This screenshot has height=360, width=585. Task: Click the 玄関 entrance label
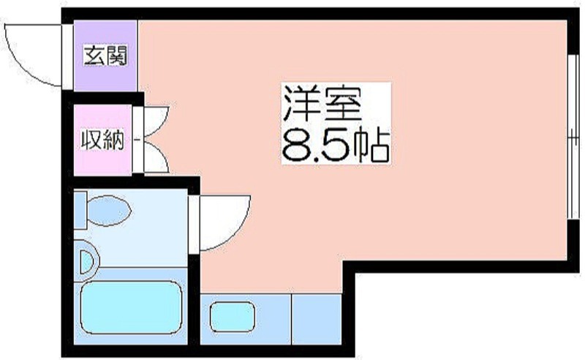point(105,55)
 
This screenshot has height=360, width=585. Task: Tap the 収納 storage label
point(102,139)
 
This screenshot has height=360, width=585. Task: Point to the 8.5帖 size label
point(333,144)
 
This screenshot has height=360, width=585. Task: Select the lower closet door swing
point(156,155)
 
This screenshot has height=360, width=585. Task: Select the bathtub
point(130,310)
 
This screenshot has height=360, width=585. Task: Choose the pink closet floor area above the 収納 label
point(102,117)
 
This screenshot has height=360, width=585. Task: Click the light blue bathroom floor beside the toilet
point(157,234)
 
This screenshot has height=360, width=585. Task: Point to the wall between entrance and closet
point(105,98)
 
